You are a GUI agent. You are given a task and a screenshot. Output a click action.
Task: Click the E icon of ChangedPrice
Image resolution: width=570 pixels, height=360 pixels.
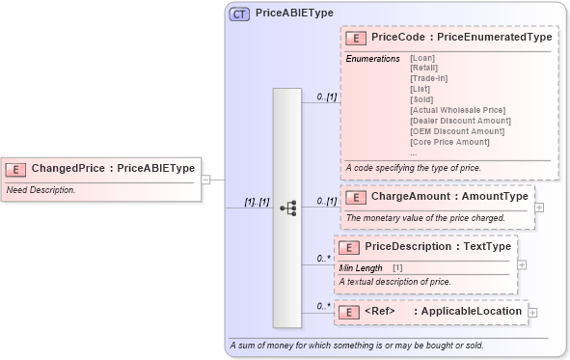click(15, 168)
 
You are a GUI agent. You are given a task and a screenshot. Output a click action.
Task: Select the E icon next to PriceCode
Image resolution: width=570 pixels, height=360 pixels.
click(355, 38)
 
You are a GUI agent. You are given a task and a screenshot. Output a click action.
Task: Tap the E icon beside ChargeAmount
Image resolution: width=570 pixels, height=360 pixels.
click(356, 197)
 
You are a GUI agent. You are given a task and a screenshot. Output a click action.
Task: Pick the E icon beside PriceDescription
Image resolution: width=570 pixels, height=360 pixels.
click(349, 247)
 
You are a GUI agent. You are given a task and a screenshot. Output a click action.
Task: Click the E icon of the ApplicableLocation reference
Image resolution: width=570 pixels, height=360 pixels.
click(349, 312)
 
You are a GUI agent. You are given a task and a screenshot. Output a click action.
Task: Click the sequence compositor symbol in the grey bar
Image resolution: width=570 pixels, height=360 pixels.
click(287, 208)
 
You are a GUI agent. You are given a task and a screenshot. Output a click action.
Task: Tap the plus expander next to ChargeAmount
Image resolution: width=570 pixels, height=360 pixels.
click(539, 207)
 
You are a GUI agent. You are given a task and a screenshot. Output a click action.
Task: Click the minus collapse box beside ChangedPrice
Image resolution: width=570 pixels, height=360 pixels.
click(205, 180)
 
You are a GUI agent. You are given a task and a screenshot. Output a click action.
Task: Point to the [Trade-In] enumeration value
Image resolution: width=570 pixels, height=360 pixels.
click(429, 78)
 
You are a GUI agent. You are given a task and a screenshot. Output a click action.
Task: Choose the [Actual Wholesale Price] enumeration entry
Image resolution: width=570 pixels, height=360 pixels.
click(457, 110)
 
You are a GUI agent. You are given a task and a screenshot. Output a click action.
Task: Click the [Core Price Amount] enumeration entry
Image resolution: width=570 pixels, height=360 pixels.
click(449, 142)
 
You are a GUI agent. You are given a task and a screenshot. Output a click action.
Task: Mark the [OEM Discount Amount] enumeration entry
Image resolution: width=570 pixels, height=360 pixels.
click(451, 131)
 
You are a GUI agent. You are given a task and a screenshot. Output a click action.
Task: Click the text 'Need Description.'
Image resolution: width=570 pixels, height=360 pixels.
click(41, 190)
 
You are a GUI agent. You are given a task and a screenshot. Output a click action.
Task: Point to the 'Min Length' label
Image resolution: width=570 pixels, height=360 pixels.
click(361, 266)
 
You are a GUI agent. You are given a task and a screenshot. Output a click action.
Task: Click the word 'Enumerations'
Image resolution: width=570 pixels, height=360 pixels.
click(372, 59)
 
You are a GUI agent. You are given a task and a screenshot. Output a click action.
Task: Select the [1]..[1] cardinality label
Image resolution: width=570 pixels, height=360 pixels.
click(256, 203)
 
